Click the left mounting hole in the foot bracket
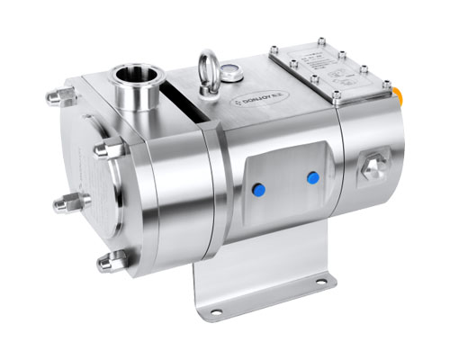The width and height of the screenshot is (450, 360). click(215, 311)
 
